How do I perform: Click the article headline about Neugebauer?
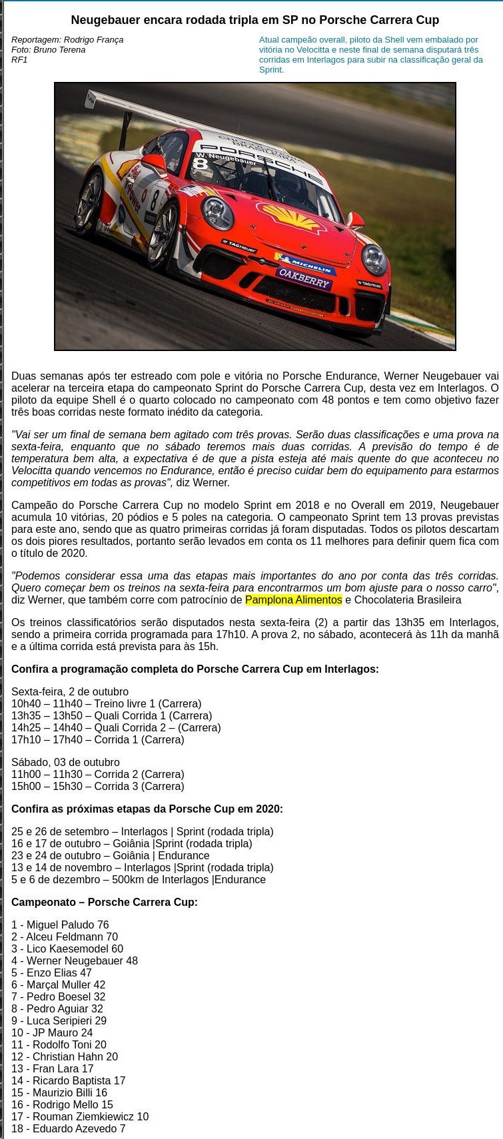(254, 20)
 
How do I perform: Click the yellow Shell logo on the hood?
(292, 216)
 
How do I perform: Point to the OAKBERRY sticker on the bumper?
(304, 278)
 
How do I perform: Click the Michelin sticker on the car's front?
(305, 263)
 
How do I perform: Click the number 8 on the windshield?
(199, 163)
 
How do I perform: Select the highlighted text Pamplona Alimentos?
(293, 599)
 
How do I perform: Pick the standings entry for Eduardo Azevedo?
(68, 1128)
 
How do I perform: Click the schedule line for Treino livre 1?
(106, 703)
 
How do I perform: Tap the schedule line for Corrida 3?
(97, 786)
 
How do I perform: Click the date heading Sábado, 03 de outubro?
(65, 762)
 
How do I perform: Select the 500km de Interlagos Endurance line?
(138, 879)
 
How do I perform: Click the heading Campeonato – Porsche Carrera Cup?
(104, 902)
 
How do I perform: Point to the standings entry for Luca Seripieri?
(59, 1020)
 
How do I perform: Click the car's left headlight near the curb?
(374, 259)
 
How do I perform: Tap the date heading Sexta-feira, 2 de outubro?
(70, 691)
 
